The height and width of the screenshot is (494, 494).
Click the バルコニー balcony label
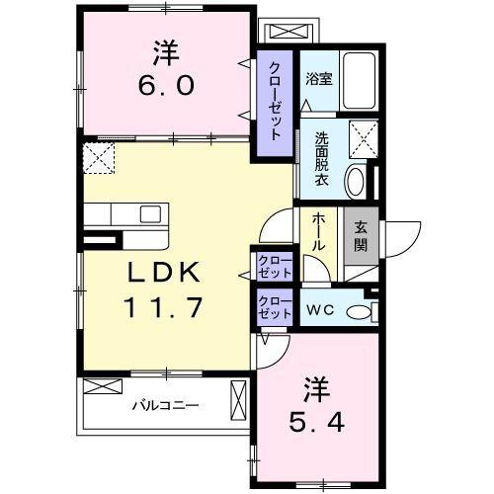pos(166,405)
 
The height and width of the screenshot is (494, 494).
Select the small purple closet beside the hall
pos(274,266)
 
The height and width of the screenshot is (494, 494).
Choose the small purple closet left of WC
pos(274,305)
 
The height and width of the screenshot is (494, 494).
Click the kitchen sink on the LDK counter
pos(150,214)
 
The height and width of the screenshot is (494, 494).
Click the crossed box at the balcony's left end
pos(98,385)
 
